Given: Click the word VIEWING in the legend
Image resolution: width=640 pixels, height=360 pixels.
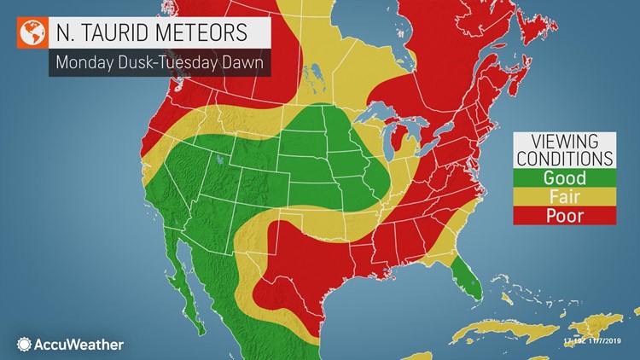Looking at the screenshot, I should pos(564,142).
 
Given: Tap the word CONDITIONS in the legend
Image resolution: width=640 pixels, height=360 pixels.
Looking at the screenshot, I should pos(564,159).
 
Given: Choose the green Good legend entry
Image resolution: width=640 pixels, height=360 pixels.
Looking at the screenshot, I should pos(564,177).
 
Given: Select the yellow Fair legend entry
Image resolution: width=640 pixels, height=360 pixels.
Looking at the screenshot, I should pos(564,196).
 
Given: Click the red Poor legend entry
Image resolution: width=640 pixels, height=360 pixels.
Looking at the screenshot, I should pos(564,215).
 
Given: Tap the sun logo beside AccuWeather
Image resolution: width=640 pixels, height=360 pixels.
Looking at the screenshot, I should pos(24,344).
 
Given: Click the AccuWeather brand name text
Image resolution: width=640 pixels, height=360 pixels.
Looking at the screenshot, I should pos(79,344).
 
